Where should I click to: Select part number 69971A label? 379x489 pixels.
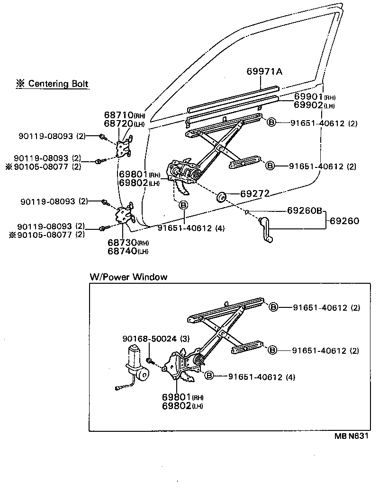pos(264,72)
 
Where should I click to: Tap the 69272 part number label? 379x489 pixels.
pos(254,194)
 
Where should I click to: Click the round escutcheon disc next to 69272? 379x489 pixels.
pos(221,196)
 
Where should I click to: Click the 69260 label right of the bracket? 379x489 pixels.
pos(344,220)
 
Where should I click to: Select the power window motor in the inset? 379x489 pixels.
pos(135,363)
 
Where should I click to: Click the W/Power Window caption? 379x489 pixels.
pos(128,277)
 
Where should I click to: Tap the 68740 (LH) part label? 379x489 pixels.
pos(127,251)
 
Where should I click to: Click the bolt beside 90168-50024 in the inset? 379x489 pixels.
pos(149,361)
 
